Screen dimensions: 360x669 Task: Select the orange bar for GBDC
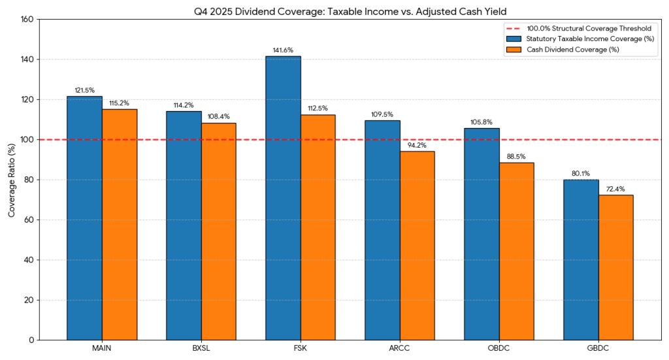coord(615,267)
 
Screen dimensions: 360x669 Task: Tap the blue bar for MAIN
coord(85,218)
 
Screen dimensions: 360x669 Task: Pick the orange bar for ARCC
coord(417,246)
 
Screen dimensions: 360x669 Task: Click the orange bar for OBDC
coord(516,252)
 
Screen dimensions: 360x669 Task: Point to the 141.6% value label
coord(283,50)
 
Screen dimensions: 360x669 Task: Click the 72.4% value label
coord(615,189)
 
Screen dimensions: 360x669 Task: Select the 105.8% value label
coord(481,122)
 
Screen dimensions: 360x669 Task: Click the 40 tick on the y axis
coord(28,260)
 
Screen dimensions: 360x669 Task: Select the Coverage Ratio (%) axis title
coord(11,180)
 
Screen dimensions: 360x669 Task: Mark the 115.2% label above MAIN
coord(120,103)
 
